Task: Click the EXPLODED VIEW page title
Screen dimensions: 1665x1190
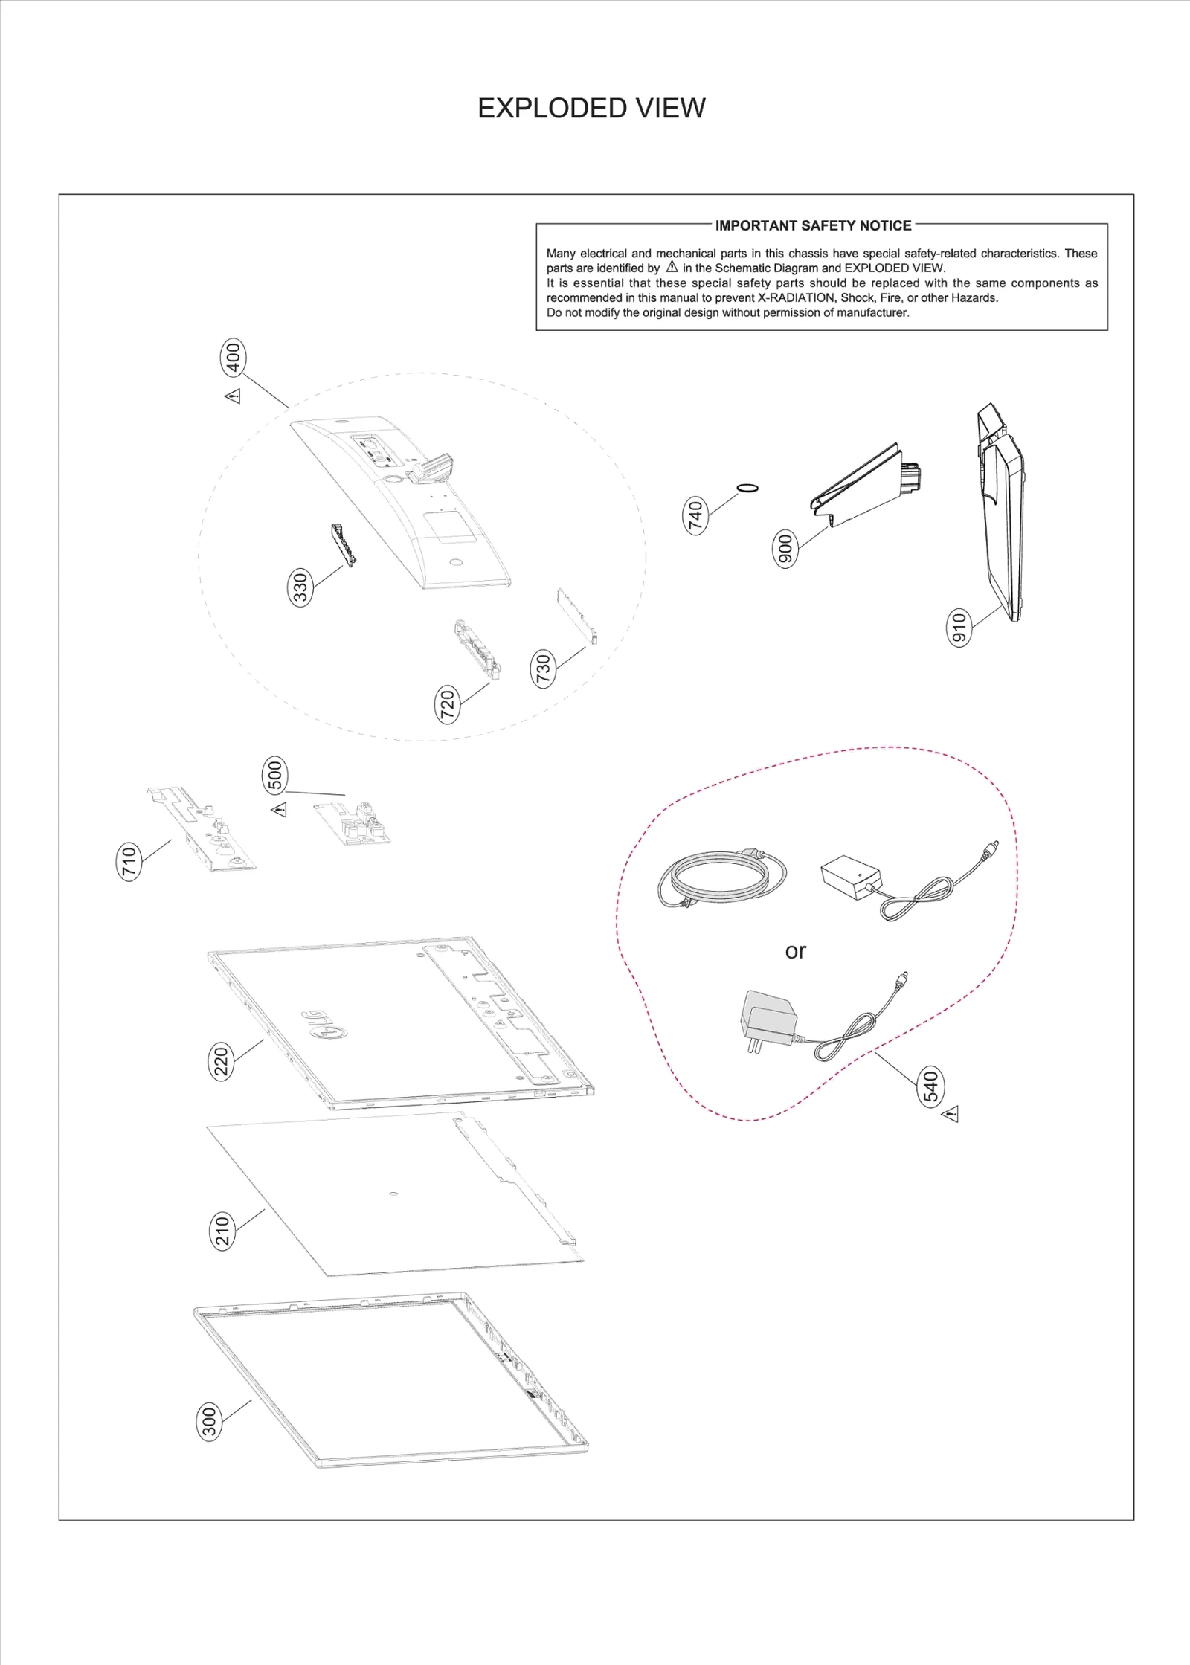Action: (x=591, y=109)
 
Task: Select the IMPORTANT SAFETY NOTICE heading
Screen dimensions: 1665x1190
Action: (x=813, y=225)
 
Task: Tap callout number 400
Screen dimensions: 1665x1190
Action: (x=234, y=358)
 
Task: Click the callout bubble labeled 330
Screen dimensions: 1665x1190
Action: (x=300, y=587)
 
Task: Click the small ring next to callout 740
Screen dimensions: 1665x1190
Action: (x=747, y=488)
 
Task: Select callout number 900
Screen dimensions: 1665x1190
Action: (x=785, y=549)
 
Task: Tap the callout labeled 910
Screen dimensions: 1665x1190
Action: (x=959, y=627)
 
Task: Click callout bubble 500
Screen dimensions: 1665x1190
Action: (x=275, y=775)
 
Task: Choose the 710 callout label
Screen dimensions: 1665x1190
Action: (x=130, y=861)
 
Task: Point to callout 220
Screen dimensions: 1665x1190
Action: (x=221, y=1061)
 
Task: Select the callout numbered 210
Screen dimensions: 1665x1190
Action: (x=222, y=1230)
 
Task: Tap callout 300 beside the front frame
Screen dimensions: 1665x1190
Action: (x=210, y=1421)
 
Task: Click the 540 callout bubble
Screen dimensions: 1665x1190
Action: (x=931, y=1086)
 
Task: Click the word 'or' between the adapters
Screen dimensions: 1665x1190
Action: (x=795, y=951)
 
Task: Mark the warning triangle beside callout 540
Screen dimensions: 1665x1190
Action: (x=950, y=1114)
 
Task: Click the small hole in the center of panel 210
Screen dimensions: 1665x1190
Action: (x=393, y=1194)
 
